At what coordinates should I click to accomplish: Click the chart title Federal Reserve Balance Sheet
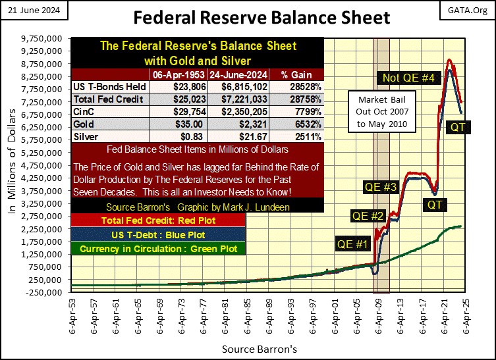point(248,16)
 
